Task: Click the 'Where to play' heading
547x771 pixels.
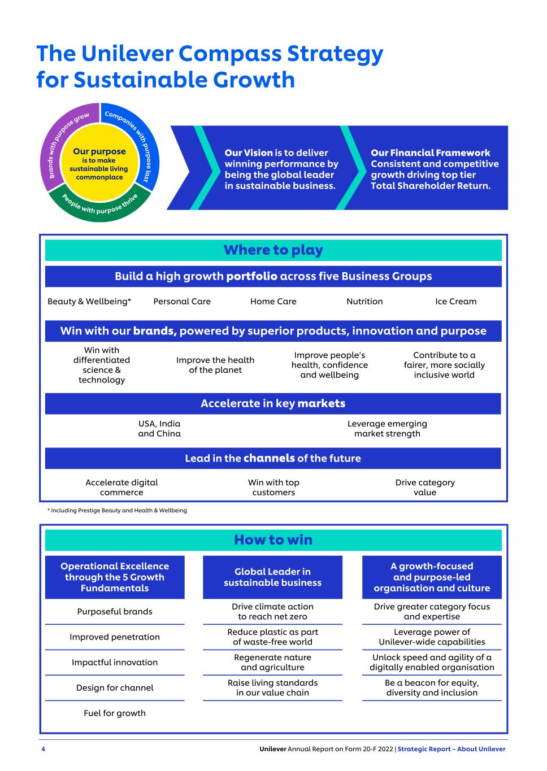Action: [x=273, y=250]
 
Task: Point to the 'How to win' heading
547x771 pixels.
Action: [x=273, y=540]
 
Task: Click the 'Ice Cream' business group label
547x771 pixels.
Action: [x=455, y=302]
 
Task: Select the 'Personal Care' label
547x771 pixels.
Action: [x=182, y=302]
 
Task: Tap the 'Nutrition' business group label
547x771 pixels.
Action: [x=364, y=302]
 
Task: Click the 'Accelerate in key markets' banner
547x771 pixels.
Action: [x=273, y=404]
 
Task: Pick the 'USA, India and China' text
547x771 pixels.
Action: [x=159, y=429]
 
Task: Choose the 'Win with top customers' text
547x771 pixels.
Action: [x=273, y=487]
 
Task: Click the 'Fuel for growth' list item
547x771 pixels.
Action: [x=115, y=713]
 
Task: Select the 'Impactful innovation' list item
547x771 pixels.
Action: [x=115, y=663]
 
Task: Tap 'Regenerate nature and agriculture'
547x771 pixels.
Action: [x=272, y=663]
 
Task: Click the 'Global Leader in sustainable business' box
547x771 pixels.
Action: [x=272, y=577]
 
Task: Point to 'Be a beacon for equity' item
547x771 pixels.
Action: [x=432, y=688]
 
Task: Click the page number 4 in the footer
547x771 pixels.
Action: [x=43, y=749]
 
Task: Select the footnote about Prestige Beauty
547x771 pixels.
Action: [x=117, y=511]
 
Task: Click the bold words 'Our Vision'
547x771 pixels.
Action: [x=248, y=153]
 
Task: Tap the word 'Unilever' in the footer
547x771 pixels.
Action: [x=272, y=749]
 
